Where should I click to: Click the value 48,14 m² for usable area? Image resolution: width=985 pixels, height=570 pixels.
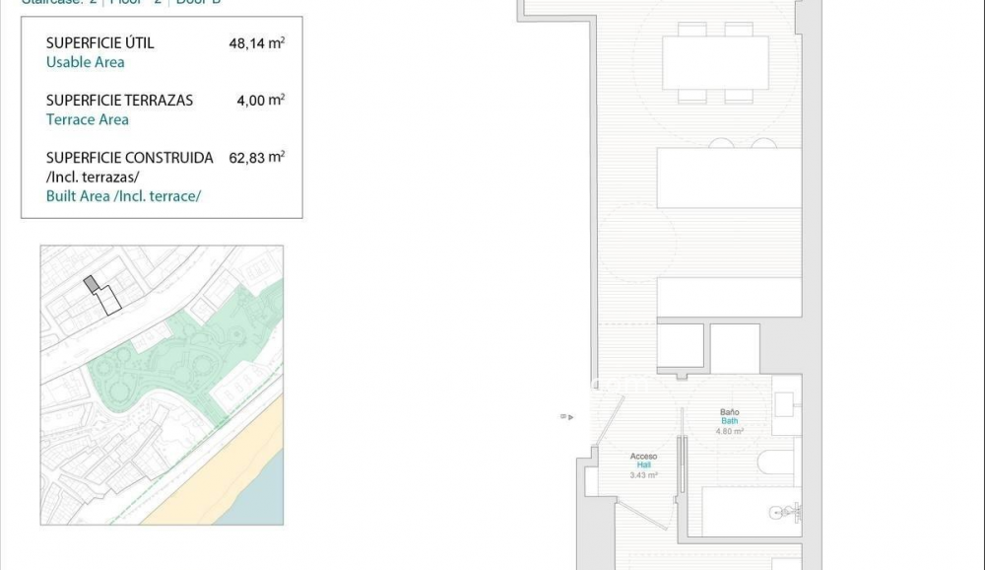256,42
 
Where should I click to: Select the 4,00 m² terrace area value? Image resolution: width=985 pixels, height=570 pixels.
260,100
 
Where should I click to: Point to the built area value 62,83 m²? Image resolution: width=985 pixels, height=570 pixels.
256,157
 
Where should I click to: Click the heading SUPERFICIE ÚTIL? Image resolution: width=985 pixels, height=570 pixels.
99,43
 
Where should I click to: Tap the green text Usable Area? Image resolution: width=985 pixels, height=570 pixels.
85,62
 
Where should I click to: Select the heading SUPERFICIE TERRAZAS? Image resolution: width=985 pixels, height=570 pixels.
119,101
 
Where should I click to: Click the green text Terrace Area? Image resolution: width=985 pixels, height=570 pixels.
87,119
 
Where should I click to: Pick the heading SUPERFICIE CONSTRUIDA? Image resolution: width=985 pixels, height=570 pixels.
129,158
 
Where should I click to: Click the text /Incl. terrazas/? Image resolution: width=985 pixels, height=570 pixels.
93,177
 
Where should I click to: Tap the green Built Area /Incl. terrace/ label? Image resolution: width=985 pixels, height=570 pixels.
123,196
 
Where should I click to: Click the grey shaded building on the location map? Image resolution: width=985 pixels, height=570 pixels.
92,284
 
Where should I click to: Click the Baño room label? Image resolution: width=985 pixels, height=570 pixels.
729,412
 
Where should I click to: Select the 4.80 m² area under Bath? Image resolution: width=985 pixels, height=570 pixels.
729,431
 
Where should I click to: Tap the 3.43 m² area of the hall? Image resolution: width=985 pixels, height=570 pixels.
643,475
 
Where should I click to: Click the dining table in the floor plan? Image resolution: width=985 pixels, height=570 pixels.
715,63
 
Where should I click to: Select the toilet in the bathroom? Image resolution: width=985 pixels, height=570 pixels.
775,462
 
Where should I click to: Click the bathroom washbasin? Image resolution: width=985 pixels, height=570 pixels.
785,404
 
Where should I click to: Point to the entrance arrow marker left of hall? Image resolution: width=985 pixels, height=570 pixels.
566,416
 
